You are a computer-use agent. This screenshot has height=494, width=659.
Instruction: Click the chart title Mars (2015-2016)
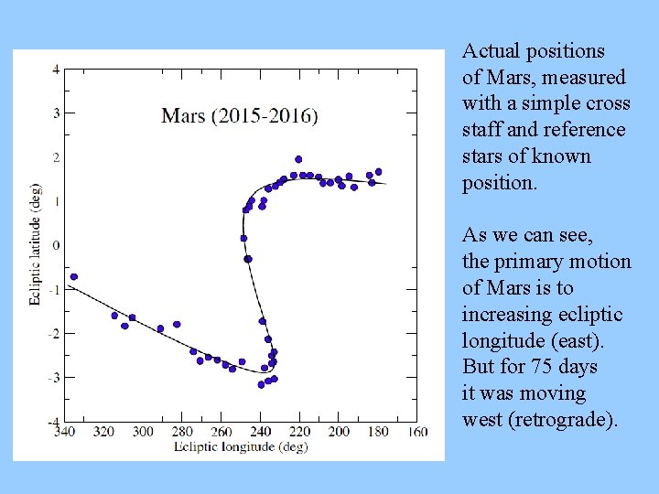[240, 116]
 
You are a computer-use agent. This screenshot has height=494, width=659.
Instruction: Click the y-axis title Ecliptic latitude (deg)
[35, 245]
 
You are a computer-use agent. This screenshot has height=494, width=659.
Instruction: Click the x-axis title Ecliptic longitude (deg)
[240, 447]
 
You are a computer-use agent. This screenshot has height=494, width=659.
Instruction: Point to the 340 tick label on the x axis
[65, 432]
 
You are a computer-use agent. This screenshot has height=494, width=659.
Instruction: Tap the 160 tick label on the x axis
[417, 432]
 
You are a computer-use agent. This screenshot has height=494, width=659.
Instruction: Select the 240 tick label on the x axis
[261, 432]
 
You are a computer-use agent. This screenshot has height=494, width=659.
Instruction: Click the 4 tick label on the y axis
[56, 70]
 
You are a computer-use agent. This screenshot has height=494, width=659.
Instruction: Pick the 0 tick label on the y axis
[56, 245]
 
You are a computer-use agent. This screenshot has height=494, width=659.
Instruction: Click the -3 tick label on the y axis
[54, 377]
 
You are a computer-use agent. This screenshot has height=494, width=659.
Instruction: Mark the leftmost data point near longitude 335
[74, 276]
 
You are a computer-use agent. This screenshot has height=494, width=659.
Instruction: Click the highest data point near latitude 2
[298, 159]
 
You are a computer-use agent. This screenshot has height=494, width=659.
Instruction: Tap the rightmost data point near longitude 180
[378, 171]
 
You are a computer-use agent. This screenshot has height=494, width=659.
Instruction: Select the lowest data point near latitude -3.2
[261, 384]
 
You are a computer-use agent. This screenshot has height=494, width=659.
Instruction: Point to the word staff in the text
[481, 130]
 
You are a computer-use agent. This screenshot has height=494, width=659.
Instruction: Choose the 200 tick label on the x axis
[339, 432]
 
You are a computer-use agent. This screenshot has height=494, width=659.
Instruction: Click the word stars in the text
[482, 156]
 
